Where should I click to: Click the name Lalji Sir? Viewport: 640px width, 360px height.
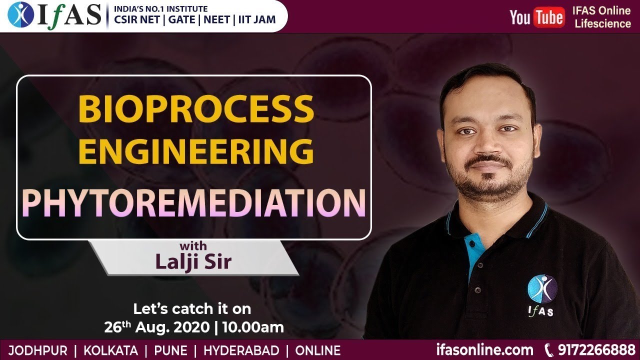point(193,261)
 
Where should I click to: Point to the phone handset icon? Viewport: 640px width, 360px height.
point(548,349)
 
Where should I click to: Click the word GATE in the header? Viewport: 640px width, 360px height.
point(179,20)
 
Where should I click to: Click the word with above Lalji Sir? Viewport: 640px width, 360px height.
point(193,246)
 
